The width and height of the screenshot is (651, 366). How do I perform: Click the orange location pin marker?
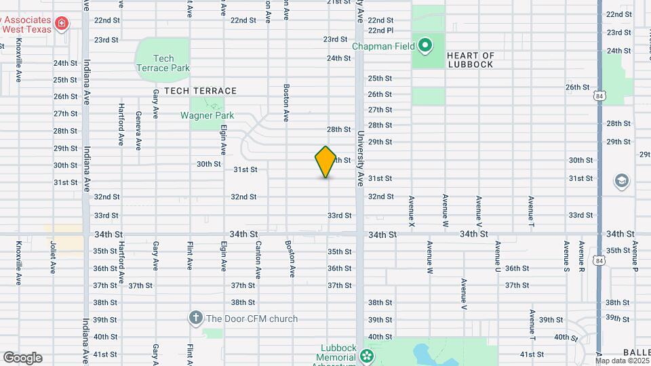326,162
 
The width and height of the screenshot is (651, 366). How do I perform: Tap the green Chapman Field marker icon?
425,46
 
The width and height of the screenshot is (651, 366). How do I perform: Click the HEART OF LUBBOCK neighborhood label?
480,60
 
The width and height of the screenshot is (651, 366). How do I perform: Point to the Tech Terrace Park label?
163,63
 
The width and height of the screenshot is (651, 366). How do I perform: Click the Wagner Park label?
207,115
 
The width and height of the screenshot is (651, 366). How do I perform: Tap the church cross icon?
196,318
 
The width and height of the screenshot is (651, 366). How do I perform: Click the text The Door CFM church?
252,319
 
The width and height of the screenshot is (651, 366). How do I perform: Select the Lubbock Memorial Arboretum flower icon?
367,355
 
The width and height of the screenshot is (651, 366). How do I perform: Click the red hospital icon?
62,24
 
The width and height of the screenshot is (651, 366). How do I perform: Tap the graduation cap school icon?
621,181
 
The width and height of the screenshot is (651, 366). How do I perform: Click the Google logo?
22,358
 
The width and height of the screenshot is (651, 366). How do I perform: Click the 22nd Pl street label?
380,30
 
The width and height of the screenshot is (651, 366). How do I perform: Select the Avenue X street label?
411,211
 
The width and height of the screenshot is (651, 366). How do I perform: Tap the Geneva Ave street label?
138,130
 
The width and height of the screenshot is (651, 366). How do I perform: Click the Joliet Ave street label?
52,257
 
